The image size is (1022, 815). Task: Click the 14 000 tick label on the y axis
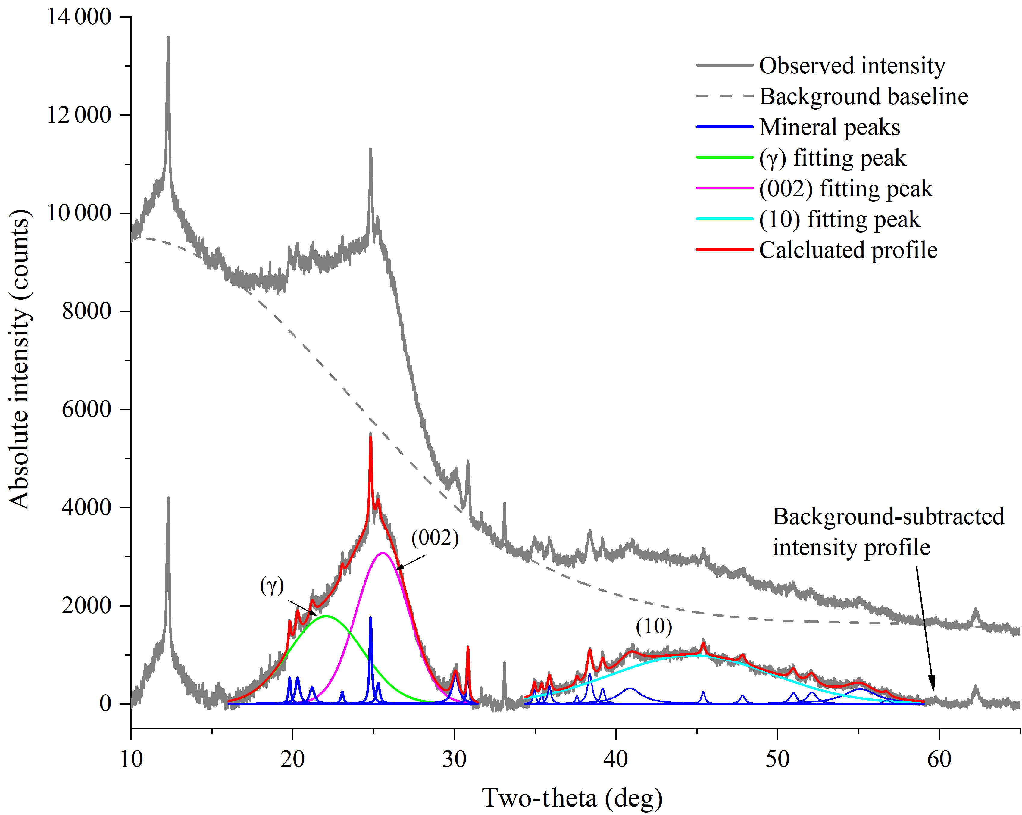(79, 17)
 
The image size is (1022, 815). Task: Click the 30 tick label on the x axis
(455, 759)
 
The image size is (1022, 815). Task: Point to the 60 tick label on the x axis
(939, 759)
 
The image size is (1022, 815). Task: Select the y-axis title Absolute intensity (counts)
(20, 359)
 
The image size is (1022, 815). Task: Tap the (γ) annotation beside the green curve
(272, 586)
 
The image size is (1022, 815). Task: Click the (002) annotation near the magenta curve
(435, 538)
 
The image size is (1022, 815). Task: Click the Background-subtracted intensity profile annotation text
(888, 532)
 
